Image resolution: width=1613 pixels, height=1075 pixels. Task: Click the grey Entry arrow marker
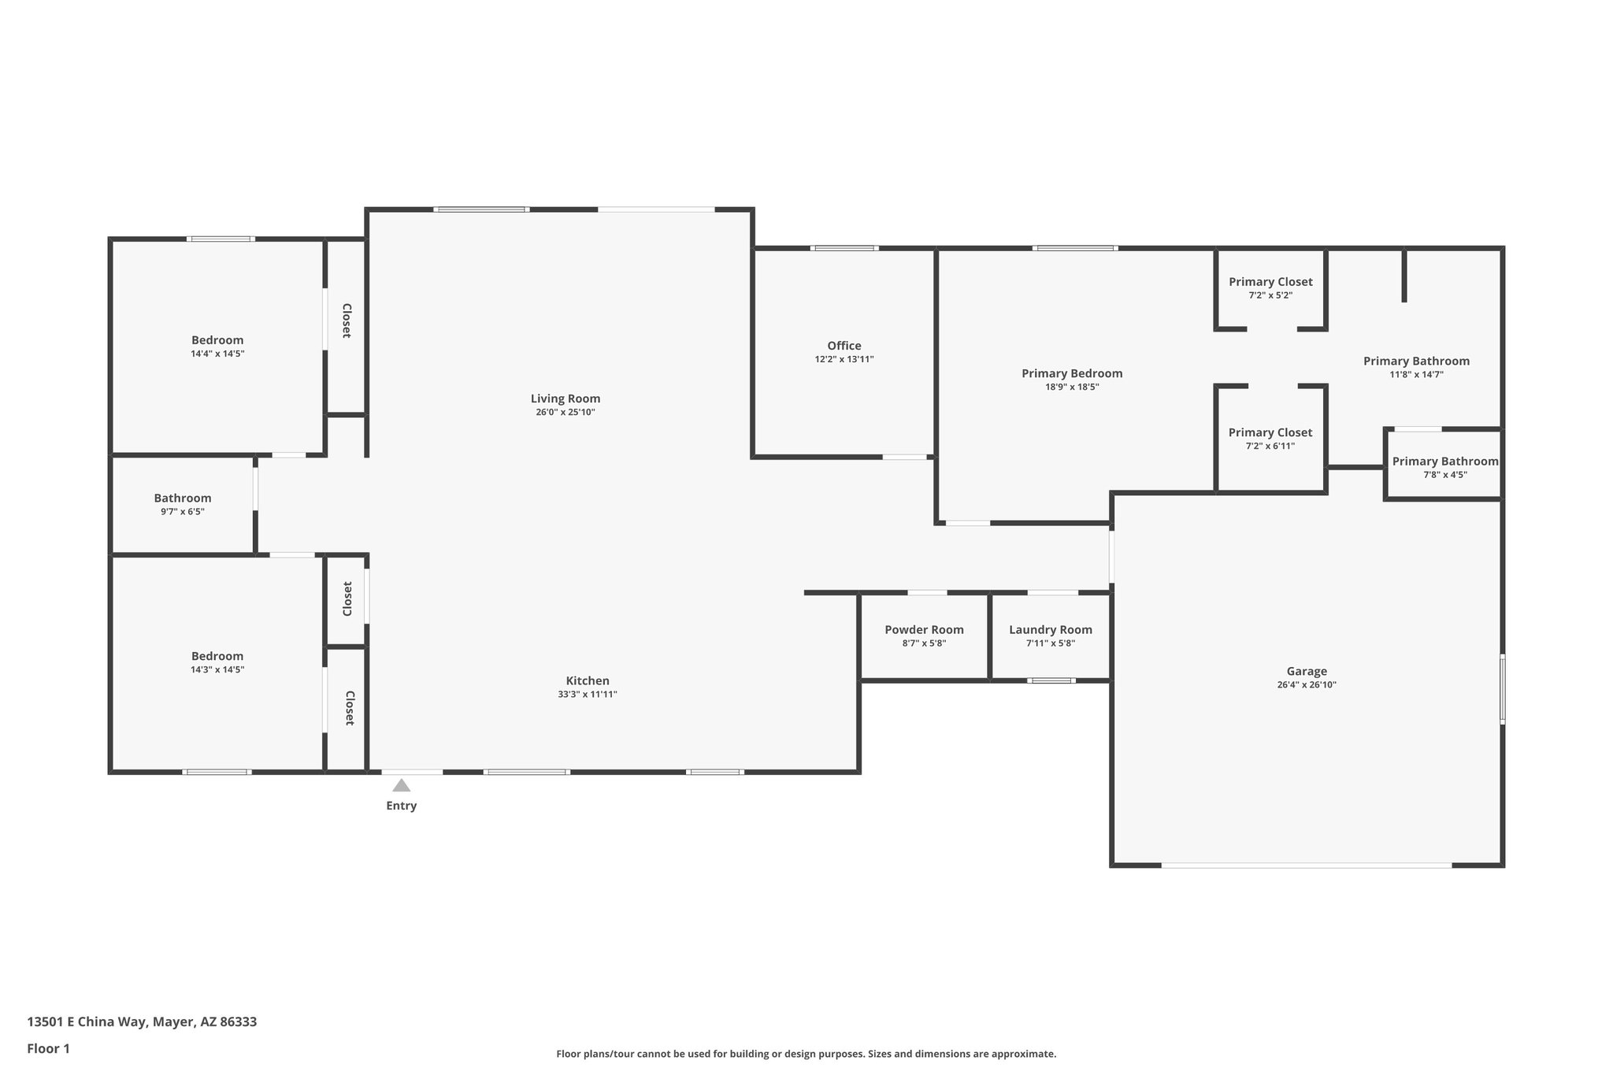pyautogui.click(x=402, y=785)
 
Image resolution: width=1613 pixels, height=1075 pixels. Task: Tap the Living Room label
pyautogui.click(x=565, y=398)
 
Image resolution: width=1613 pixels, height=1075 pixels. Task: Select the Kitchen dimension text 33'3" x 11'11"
pyautogui.click(x=587, y=695)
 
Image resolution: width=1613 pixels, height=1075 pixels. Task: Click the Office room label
pyautogui.click(x=844, y=346)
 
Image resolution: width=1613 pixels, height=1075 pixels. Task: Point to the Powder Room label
pyautogui.click(x=924, y=630)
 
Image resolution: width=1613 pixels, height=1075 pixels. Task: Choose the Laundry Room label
pyautogui.click(x=1050, y=630)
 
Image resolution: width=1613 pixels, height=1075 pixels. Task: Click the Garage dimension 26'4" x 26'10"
pyautogui.click(x=1307, y=685)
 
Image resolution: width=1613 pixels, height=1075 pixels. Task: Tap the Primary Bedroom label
pyautogui.click(x=1072, y=373)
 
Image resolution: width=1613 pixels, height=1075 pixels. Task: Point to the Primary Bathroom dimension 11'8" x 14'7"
pyautogui.click(x=1416, y=375)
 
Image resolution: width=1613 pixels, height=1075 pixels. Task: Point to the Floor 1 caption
pyautogui.click(x=48, y=1048)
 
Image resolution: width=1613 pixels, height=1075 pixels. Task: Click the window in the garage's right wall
pyautogui.click(x=1502, y=688)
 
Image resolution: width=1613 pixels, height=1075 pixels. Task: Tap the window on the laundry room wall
pyautogui.click(x=1051, y=680)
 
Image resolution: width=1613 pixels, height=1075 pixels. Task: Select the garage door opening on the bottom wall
pyautogui.click(x=1306, y=866)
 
